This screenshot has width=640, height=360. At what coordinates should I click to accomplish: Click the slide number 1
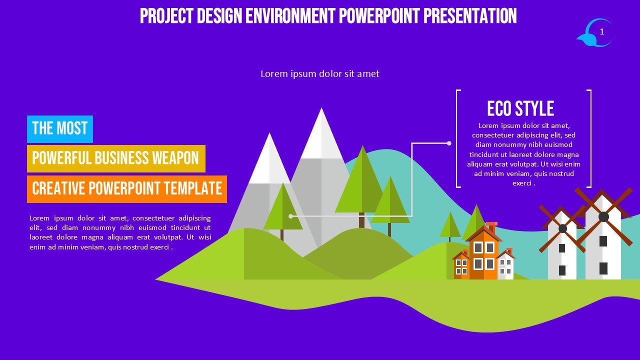601,31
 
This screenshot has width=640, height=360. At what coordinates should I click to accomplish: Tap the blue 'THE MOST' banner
60,129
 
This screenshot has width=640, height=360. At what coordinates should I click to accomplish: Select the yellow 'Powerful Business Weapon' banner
116,158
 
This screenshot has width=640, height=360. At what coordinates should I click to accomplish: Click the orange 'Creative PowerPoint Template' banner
127,189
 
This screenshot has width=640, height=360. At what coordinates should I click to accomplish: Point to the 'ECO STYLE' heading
520,108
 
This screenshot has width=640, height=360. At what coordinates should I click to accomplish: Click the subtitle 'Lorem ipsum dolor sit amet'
320,74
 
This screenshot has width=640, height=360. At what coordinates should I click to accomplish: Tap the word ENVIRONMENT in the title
290,16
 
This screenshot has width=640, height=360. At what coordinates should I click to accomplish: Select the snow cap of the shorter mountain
269,160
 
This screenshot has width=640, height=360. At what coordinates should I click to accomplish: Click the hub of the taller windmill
603,217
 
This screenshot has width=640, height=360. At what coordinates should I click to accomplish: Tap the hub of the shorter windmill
562,228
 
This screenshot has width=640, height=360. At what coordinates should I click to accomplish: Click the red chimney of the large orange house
491,227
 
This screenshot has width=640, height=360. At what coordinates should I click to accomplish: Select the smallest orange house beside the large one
461,265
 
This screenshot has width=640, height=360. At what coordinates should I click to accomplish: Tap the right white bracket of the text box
589,139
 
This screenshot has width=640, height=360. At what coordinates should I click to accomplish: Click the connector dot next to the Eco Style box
449,143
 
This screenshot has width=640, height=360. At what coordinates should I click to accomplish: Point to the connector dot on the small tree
291,216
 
